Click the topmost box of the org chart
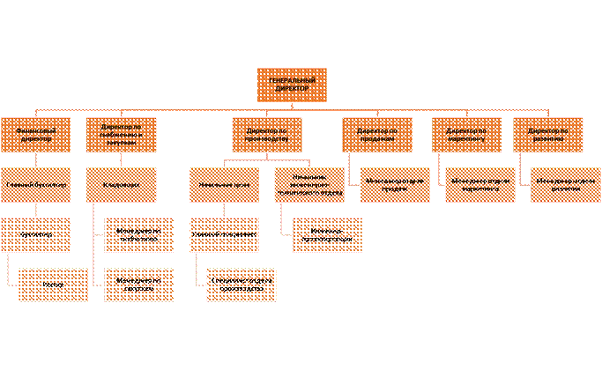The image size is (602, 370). coord(291,85)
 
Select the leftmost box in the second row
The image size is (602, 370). coord(35,135)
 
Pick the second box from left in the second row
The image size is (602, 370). coord(121,135)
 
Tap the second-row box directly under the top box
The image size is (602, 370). coord(266,135)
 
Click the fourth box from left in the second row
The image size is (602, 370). coord(377,135)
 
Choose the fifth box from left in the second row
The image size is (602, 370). coord(467,135)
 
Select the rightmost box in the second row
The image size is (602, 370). coord(547,135)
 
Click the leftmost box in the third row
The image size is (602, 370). coord(35,185)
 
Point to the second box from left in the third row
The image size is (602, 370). coord(121,185)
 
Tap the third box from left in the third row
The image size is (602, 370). coord(224,185)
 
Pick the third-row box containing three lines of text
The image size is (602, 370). coord(309,185)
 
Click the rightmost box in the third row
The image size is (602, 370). coord(565,185)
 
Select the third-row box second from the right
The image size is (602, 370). coord(479,185)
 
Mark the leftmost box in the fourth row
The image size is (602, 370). coord(35,234)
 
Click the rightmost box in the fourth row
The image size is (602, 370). coord(327,234)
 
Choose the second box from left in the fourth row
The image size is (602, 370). coord(138,234)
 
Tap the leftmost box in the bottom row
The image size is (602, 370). coord(53,285)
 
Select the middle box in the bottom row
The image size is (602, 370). coord(138,285)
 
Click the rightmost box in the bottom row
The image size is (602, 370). coord(242,285)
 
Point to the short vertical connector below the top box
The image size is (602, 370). coord(291,107)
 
